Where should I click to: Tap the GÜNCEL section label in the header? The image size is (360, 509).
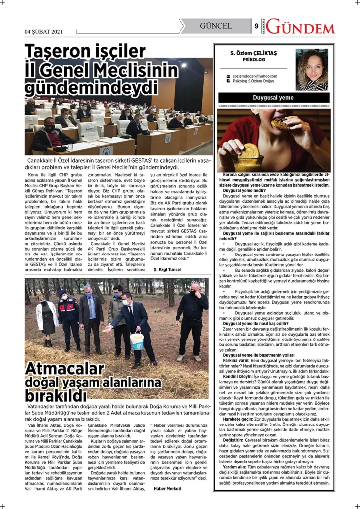coord(216,26)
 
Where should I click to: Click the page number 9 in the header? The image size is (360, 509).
coord(256,26)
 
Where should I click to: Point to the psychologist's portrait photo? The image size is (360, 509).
coord(312,70)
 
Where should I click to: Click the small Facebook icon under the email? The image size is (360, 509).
coord(228,81)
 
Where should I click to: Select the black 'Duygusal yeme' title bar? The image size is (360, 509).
coord(273,98)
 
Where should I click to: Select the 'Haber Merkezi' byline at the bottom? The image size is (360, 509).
coord(167,488)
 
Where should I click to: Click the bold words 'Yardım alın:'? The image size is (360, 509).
coord(235,467)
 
